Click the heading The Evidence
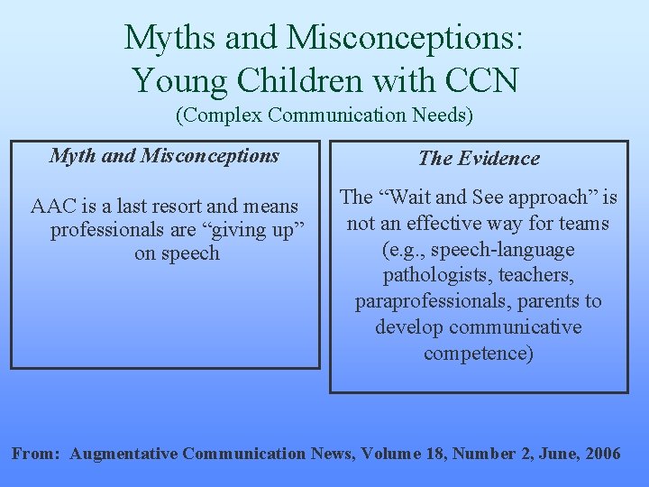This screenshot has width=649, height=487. (479, 159)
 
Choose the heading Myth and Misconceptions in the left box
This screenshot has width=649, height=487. (164, 155)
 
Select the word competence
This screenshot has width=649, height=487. (479, 353)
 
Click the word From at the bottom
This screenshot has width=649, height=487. (36, 453)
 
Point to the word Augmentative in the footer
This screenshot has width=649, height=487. (123, 453)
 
